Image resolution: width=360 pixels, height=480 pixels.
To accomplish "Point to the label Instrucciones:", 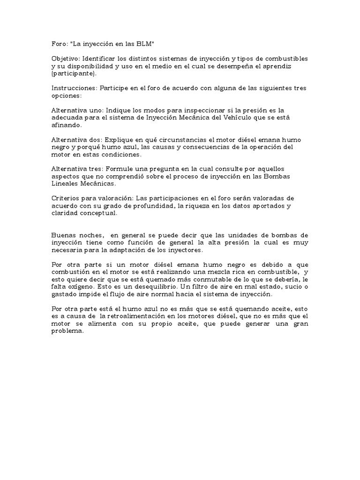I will click(x=72, y=88).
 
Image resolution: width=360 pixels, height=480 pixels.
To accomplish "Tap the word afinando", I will click(x=67, y=125).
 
